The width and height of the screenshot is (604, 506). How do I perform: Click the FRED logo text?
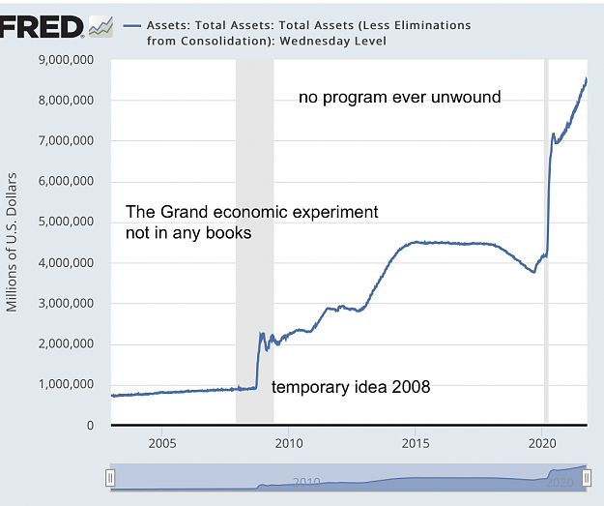point(42,27)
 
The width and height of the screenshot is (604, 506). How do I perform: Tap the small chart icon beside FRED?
point(101,27)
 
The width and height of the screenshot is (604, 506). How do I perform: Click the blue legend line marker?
point(132,26)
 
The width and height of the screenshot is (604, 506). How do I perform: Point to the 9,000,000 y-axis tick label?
point(66,60)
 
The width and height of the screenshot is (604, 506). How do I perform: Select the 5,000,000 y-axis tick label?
point(66,222)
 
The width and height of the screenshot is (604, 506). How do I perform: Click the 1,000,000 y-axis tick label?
point(66,384)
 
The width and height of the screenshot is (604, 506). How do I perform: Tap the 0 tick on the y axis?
point(90,425)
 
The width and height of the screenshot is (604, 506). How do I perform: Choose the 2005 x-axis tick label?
point(162,443)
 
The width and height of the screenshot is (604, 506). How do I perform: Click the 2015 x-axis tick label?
point(416,443)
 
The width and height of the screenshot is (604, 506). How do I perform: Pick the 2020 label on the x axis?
point(542,443)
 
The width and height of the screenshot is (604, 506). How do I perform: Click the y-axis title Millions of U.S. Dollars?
point(12,242)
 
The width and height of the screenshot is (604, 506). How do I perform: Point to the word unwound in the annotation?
point(466,97)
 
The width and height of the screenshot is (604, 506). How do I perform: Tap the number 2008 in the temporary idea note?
point(411,386)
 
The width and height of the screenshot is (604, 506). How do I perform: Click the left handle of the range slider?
point(110,478)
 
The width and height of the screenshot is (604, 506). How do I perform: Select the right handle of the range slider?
point(587,478)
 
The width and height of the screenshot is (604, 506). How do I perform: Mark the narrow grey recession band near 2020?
point(546,241)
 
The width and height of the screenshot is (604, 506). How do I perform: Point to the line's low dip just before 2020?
point(533,272)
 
